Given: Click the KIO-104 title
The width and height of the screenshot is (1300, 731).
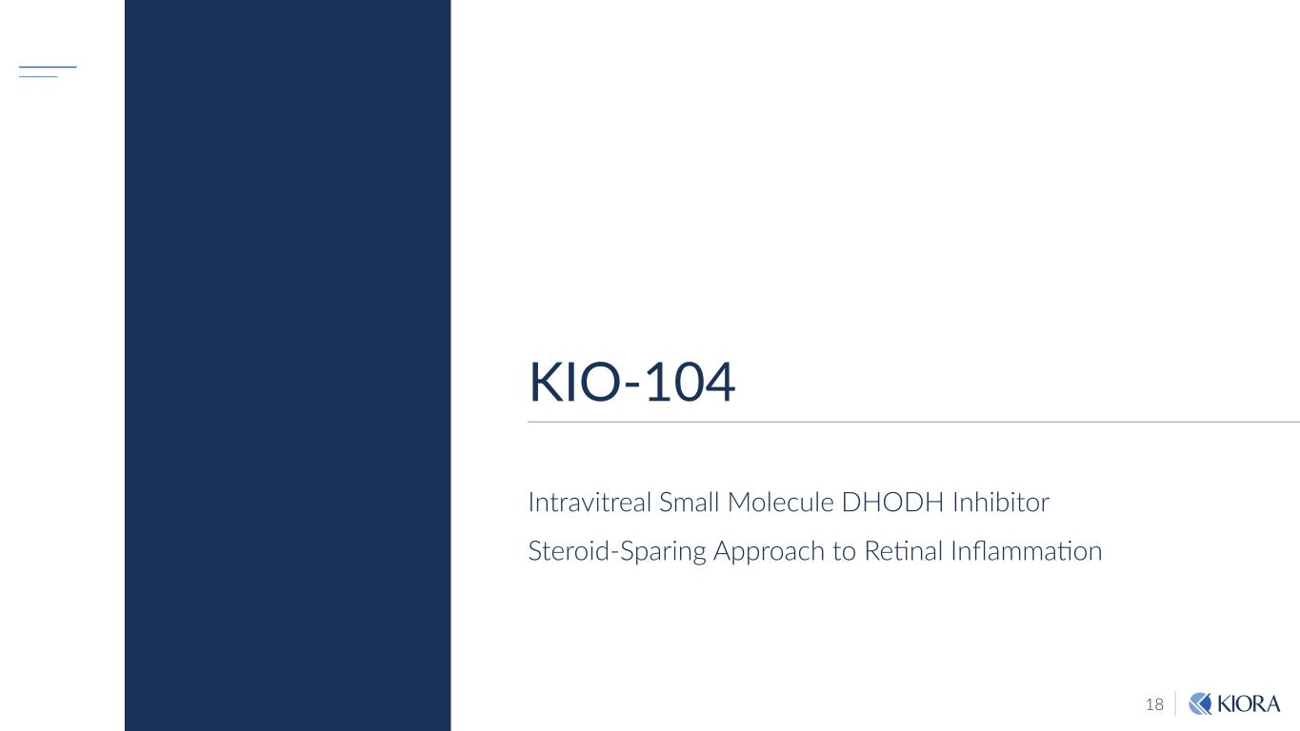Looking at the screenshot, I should click(x=631, y=384).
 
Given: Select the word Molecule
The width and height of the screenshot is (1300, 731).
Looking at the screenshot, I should click(x=780, y=502).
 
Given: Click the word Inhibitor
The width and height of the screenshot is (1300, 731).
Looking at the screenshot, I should click(x=1001, y=502).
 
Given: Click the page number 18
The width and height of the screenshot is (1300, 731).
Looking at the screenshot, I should click(x=1154, y=704).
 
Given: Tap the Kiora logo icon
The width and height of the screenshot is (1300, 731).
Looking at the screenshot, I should click(x=1200, y=703).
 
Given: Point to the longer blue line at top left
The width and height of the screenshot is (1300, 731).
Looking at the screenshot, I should click(x=48, y=67).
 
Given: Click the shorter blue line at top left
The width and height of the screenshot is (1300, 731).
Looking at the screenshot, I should click(x=38, y=76).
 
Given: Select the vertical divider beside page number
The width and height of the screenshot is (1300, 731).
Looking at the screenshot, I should click(x=1175, y=703).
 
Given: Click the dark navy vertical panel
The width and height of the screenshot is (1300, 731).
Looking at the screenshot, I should click(x=287, y=365).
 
